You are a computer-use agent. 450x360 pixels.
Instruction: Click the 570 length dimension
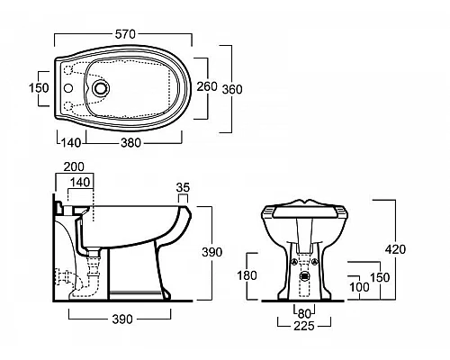[125, 34]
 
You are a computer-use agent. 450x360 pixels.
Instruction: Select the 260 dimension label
[207, 86]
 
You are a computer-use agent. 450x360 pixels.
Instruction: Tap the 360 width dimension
[232, 89]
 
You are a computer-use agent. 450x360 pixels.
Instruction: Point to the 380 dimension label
[130, 143]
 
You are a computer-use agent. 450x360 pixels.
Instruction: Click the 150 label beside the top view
[39, 88]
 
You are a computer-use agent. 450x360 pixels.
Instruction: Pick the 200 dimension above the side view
[74, 166]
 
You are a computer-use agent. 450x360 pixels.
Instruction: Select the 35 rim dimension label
[183, 187]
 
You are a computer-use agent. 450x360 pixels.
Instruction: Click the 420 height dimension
[396, 249]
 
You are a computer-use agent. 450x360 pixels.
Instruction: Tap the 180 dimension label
[247, 275]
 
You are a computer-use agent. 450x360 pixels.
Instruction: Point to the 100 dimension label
[359, 287]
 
